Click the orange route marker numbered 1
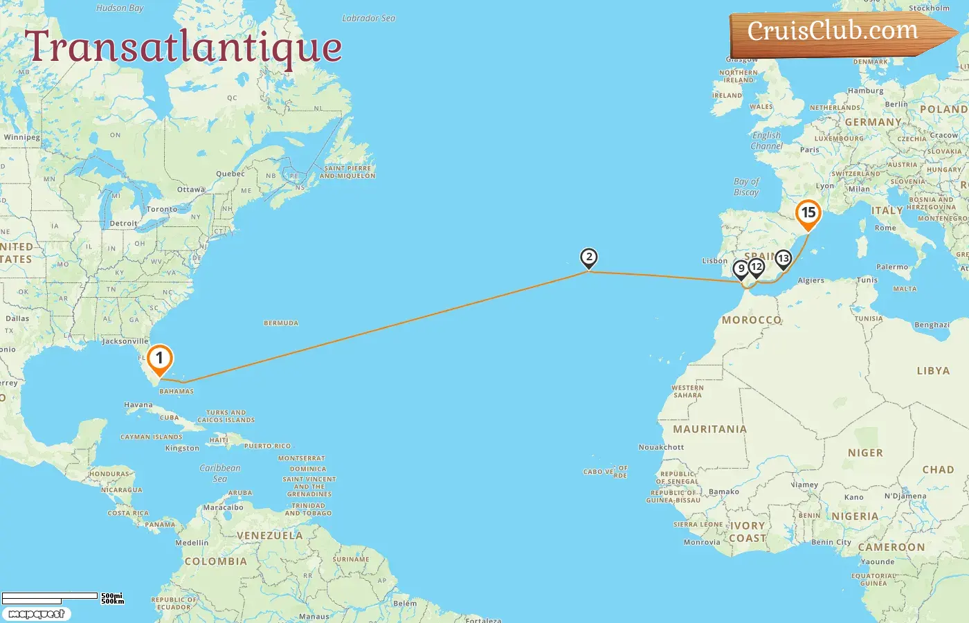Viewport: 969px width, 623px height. tap(159, 359)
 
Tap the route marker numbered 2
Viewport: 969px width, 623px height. tap(588, 258)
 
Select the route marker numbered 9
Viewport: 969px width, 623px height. tap(741, 269)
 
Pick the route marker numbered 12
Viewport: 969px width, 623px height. tap(757, 267)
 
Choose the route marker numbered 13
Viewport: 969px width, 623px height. tap(783, 259)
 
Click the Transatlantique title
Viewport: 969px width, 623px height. tap(183, 47)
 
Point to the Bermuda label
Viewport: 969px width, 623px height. tap(281, 323)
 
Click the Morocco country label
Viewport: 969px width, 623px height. tap(752, 320)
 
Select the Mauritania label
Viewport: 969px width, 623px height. tap(709, 429)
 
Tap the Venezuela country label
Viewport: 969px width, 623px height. tap(269, 536)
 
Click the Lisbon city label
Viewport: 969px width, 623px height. tap(715, 261)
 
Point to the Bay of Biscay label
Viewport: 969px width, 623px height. tap(746, 187)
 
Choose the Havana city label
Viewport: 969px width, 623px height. tap(138, 405)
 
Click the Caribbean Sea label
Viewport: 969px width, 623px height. tap(220, 473)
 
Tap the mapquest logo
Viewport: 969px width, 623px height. tap(36, 614)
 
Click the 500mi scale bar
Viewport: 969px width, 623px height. tap(50, 596)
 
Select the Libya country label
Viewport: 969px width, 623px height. tap(933, 371)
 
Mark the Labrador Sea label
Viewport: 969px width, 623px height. tap(368, 18)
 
